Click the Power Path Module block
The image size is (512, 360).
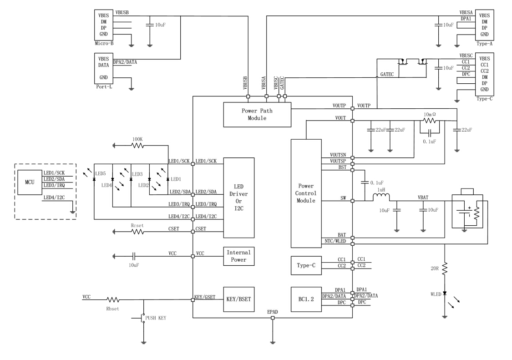257,114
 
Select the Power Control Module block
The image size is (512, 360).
305,193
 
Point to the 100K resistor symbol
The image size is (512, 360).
138,146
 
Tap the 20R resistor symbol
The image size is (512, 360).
445,267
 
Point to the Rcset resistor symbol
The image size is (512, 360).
138,231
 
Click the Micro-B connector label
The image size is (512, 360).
104,44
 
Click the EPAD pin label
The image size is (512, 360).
273,312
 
